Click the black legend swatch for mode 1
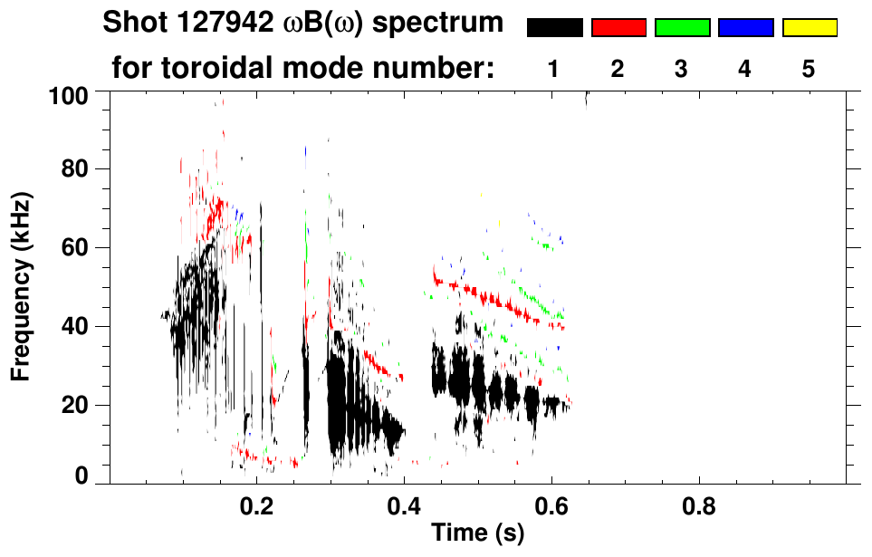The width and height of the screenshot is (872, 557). coord(554,28)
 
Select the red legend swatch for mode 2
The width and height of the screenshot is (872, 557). coord(618,28)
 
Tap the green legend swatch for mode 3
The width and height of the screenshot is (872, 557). coord(682,28)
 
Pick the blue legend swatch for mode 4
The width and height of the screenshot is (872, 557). coord(745,28)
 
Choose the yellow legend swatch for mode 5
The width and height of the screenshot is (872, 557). coord(809,28)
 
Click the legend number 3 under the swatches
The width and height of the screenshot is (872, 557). coord(682,69)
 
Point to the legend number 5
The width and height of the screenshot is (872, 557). coord(809,69)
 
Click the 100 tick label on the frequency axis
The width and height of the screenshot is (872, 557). coord(69,95)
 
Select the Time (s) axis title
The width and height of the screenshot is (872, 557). coord(477,533)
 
